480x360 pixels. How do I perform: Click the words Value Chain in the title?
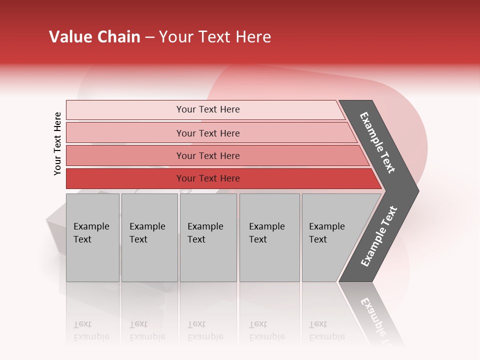(94, 37)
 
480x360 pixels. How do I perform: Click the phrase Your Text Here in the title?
(215, 37)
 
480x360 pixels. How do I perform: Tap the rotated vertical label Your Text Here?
(57, 143)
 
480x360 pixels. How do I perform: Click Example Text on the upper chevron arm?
(377, 142)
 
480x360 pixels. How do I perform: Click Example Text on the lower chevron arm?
(379, 236)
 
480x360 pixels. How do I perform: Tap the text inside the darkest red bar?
(208, 178)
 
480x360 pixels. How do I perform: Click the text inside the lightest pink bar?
(208, 109)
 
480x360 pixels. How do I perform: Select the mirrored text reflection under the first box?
(91, 330)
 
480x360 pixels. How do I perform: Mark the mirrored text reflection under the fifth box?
(327, 330)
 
